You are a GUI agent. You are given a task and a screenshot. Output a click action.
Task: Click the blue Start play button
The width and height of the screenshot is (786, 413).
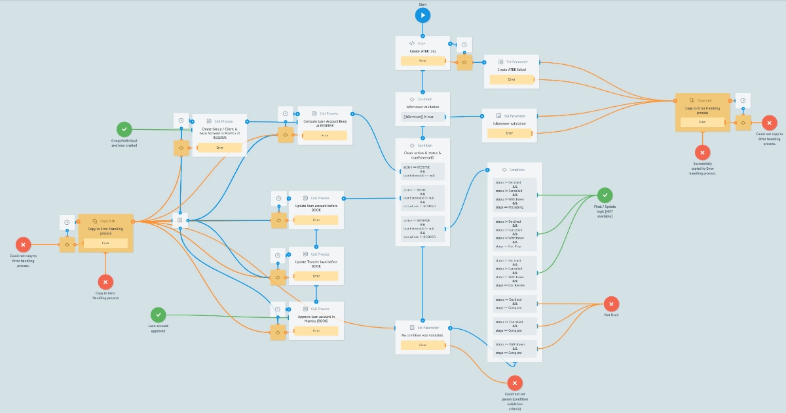click(422, 15)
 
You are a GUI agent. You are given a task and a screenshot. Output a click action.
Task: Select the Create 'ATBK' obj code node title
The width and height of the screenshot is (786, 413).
click(422, 50)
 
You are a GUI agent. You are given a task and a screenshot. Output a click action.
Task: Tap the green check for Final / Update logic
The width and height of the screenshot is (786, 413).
click(606, 195)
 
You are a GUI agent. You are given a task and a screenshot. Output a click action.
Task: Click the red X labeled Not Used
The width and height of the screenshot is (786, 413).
click(611, 304)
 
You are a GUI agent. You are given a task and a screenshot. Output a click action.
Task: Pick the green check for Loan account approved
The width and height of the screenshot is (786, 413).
click(159, 315)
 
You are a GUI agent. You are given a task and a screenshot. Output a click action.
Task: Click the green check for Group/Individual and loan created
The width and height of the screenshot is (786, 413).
click(124, 130)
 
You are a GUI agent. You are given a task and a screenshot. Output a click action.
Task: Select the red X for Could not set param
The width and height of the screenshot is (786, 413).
click(515, 383)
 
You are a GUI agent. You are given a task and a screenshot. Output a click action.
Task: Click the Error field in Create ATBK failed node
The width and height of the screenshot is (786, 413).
click(512, 79)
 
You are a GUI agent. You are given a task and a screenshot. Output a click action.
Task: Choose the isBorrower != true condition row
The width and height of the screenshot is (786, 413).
click(422, 117)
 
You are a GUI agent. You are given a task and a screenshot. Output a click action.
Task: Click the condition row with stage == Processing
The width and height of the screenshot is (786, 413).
click(514, 194)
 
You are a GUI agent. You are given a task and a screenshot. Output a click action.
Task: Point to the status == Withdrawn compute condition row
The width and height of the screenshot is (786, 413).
click(514, 348)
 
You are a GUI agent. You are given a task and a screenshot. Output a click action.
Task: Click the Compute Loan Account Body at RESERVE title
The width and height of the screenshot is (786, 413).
click(325, 123)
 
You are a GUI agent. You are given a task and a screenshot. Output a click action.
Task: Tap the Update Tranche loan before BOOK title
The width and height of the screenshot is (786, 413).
click(316, 264)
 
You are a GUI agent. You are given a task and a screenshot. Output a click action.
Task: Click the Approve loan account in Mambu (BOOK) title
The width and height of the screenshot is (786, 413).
click(316, 319)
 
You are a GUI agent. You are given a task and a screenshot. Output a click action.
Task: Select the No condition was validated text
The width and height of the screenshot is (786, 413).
click(422, 334)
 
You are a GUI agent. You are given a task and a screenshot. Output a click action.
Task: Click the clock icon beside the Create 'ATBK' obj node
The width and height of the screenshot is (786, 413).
click(464, 45)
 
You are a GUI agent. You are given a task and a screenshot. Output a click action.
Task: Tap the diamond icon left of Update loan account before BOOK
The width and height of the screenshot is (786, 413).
click(279, 220)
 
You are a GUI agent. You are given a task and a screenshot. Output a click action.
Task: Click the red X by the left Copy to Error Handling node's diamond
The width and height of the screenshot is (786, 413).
click(24, 245)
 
